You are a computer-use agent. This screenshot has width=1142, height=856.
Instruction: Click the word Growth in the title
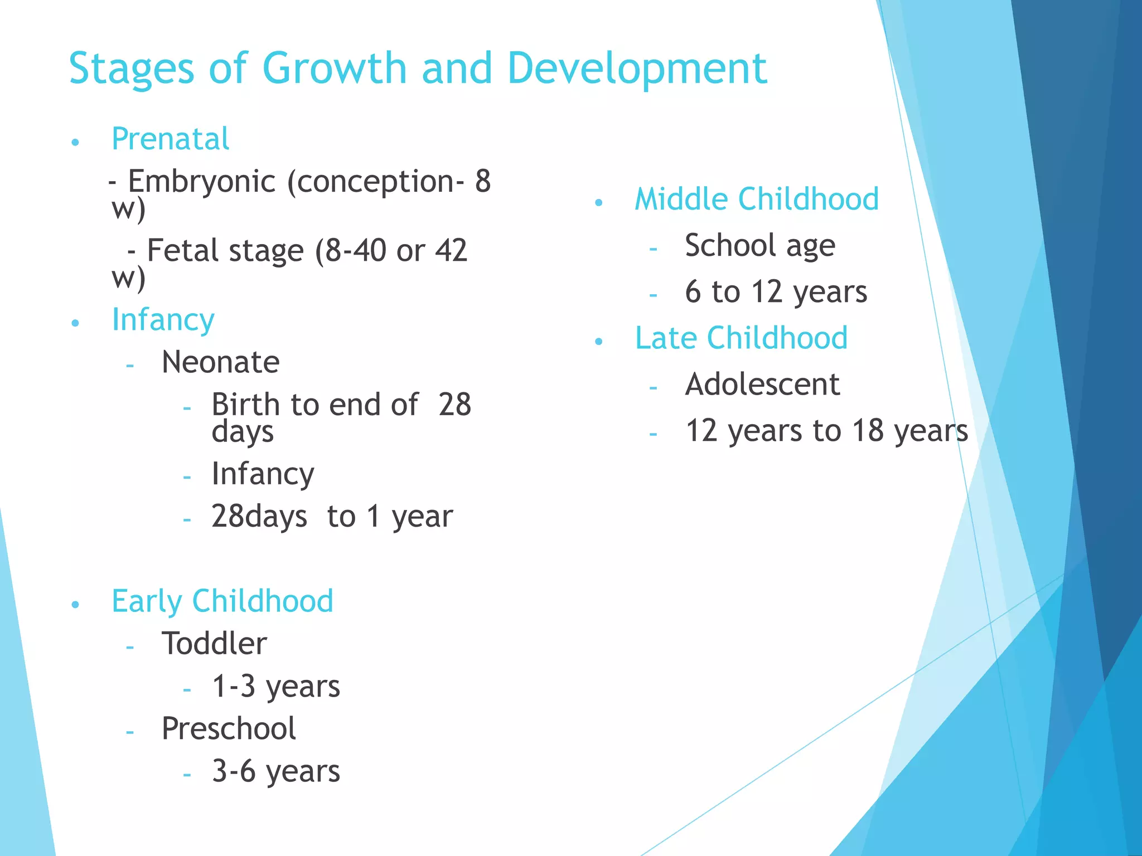pyautogui.click(x=335, y=68)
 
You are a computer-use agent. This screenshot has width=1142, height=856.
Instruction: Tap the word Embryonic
pyautogui.click(x=202, y=182)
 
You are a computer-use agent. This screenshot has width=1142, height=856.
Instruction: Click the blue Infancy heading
pyautogui.click(x=163, y=320)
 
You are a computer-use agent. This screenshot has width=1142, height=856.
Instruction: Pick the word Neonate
pyautogui.click(x=220, y=362)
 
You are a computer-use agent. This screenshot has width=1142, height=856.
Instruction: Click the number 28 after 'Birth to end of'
pyautogui.click(x=454, y=405)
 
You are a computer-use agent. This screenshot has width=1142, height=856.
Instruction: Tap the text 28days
pyautogui.click(x=259, y=516)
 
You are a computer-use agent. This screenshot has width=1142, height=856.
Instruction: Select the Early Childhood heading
pyautogui.click(x=222, y=601)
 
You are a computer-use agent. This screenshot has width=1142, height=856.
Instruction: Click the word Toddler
pyautogui.click(x=214, y=644)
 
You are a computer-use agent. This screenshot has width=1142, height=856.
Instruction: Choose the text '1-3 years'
pyautogui.click(x=275, y=687)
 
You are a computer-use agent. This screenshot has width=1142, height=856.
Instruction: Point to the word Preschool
pyautogui.click(x=229, y=729)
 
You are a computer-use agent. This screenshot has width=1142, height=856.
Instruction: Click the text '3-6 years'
pyautogui.click(x=275, y=772)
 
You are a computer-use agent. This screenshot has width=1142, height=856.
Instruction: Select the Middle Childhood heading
pyautogui.click(x=756, y=199)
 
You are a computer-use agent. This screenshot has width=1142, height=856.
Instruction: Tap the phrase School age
pyautogui.click(x=759, y=245)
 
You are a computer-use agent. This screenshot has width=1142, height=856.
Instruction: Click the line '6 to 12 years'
pyautogui.click(x=776, y=291)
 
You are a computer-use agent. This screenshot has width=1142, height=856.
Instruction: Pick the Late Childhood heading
pyautogui.click(x=741, y=338)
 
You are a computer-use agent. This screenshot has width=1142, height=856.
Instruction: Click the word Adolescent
pyautogui.click(x=762, y=384)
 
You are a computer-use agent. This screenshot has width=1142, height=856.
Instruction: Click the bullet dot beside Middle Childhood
pyautogui.click(x=599, y=203)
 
